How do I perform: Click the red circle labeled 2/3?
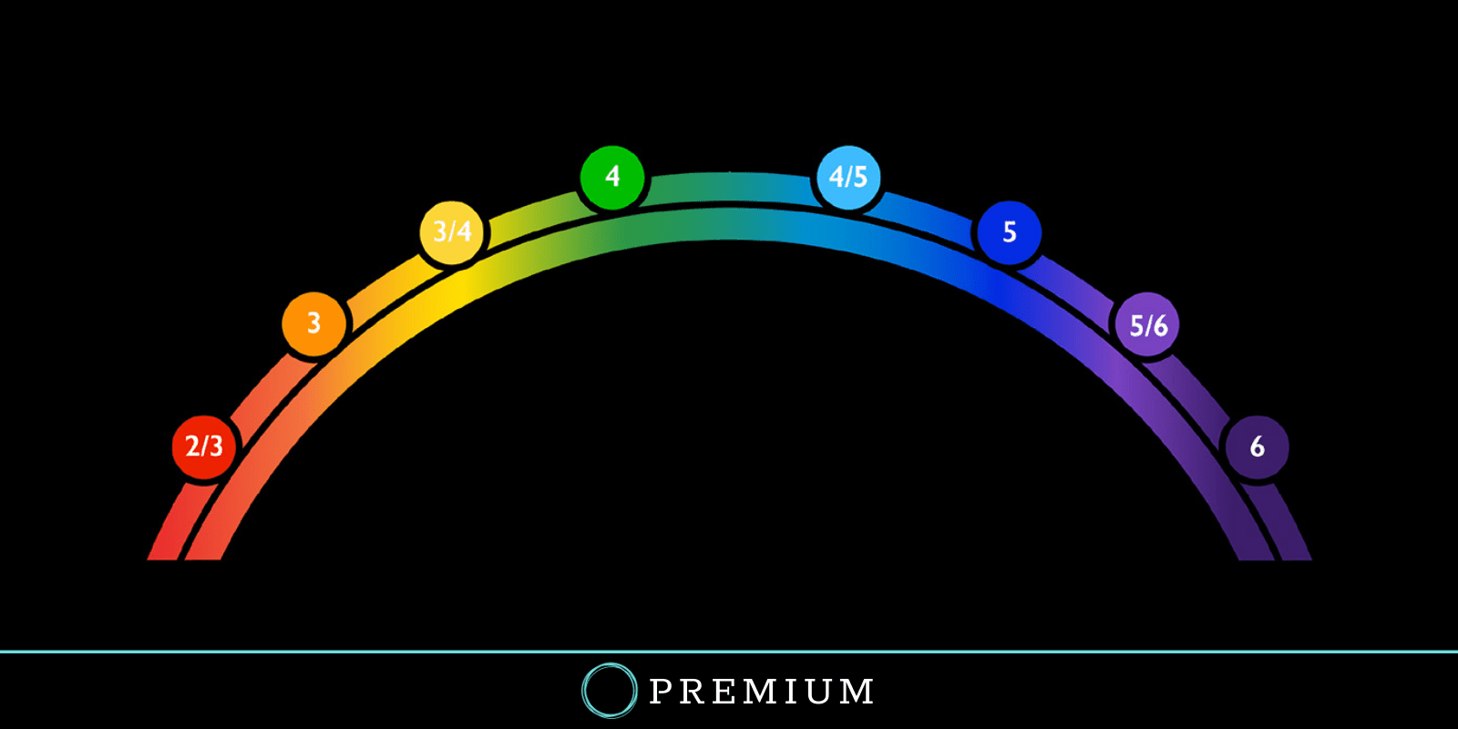pyautogui.click(x=204, y=447)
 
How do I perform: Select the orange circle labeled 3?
pyautogui.click(x=313, y=323)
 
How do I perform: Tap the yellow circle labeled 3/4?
pyautogui.click(x=452, y=231)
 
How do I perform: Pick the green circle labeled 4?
pyautogui.click(x=612, y=176)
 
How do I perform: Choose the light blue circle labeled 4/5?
pyautogui.click(x=848, y=177)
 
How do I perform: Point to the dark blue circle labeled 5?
pyautogui.click(x=1009, y=232)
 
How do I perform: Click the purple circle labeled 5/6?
pyautogui.click(x=1147, y=325)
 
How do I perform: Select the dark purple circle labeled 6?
pyautogui.click(x=1257, y=447)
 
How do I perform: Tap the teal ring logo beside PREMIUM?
pyautogui.click(x=609, y=691)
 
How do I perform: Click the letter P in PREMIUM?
pyautogui.click(x=662, y=692)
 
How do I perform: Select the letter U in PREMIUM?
pyautogui.click(x=816, y=692)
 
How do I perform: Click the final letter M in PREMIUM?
pyautogui.click(x=857, y=692)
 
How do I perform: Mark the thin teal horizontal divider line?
pyautogui.click(x=364, y=652)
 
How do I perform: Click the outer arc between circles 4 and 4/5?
pyautogui.click(x=729, y=186)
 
